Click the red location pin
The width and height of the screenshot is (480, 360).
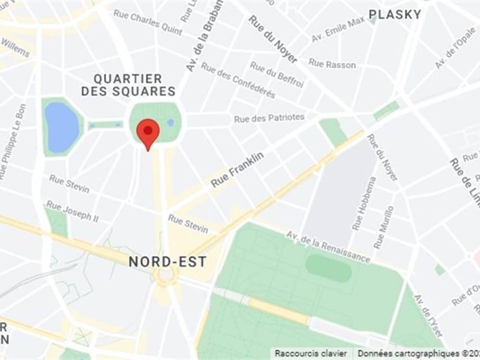pos(148,132)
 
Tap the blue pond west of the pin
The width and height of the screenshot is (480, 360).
pos(62,127)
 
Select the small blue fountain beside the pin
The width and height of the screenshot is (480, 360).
pos(170,122)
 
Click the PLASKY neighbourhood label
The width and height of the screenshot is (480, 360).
pos(395,14)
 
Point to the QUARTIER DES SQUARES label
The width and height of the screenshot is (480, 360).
pos(128,85)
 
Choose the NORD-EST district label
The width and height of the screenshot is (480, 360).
pos(168,262)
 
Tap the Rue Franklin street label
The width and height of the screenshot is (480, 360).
pos(238,169)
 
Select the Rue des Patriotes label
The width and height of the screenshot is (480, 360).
pos(269,118)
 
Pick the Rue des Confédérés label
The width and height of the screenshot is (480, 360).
pos(238,80)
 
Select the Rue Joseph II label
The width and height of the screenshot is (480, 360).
pos(72,211)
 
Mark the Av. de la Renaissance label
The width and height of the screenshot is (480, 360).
pos(328,246)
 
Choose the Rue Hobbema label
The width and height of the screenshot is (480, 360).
pos(364,203)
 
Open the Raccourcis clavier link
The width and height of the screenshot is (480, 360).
pos(311,353)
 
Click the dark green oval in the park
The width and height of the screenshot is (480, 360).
pos(328,268)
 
